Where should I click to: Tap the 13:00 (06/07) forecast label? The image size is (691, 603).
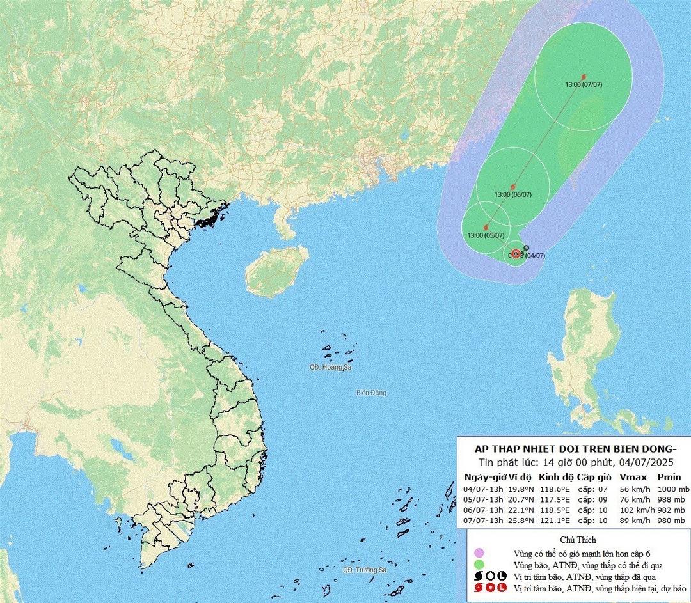click(x=513, y=194)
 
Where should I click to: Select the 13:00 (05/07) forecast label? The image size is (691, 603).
click(x=486, y=235)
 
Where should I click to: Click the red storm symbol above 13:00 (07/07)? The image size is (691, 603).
click(x=584, y=77)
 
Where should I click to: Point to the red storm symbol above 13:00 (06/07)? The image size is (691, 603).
click(x=512, y=187)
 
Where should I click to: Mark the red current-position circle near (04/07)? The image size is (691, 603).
click(x=516, y=253)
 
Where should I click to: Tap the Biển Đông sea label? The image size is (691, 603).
click(x=371, y=393)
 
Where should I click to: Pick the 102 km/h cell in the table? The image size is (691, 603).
click(x=635, y=510)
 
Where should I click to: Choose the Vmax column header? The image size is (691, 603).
click(x=633, y=477)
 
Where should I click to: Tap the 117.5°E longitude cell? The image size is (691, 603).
click(x=554, y=499)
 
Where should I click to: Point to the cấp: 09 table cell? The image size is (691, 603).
click(x=594, y=499)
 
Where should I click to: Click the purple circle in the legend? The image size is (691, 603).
click(x=478, y=553)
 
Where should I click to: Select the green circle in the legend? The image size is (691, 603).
click(x=478, y=565)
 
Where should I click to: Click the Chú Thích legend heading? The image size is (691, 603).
click(x=577, y=540)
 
